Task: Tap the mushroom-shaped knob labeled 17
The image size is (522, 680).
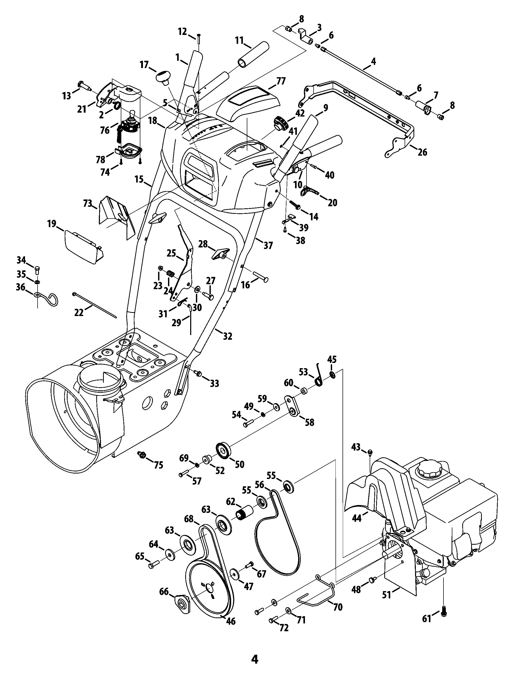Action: point(164,76)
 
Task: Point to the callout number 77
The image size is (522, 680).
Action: point(281,81)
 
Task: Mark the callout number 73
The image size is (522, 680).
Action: point(87,204)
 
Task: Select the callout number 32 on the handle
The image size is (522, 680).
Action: point(227,336)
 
